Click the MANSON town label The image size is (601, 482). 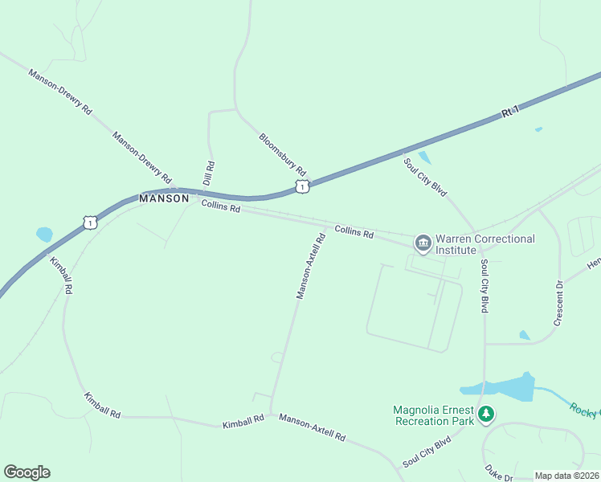tap(164, 198)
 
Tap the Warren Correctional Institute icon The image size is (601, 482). tap(423, 242)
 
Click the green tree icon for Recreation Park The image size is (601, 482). tap(485, 415)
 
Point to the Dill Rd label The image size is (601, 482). tap(208, 173)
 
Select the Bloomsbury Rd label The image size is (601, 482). tap(283, 154)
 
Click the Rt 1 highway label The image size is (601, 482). tap(511, 112)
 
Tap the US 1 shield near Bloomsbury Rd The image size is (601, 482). tap(301, 186)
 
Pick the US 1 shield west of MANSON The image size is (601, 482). tap(91, 221)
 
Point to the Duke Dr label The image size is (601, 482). tap(498, 472)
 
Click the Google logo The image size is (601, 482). tap(27, 472)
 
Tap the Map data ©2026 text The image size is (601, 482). tap(567, 476)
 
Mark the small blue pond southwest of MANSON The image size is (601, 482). tap(44, 235)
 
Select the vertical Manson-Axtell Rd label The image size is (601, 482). tap(310, 266)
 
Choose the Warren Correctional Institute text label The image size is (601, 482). tap(484, 244)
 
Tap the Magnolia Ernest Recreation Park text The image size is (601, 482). tap(432, 415)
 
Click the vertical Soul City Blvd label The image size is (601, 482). tap(484, 286)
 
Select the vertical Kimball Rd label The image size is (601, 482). tap(62, 276)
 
